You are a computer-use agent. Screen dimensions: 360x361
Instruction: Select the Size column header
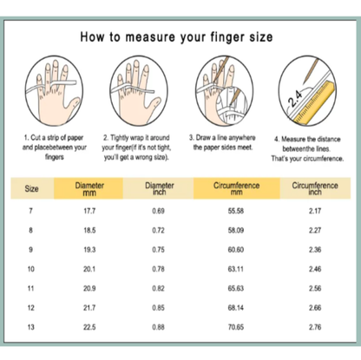32,187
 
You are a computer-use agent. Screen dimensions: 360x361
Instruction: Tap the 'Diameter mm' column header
90,188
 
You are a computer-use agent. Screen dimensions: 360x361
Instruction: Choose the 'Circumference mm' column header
230,188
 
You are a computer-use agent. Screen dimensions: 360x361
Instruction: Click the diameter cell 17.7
90,213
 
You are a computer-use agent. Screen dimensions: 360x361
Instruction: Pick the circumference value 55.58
230,213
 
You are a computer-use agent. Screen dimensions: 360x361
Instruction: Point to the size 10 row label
32,269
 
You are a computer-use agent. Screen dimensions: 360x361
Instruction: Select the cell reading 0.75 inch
158,250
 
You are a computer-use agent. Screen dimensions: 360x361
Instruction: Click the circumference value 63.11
230,269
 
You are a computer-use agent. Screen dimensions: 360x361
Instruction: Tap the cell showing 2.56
315,288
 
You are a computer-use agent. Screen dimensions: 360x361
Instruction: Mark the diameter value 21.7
90,307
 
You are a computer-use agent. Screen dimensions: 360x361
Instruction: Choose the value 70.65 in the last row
230,326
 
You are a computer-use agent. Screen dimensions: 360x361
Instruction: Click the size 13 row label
32,326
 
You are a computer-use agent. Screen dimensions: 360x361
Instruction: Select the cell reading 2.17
315,213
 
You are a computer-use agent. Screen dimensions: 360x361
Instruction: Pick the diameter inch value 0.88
158,326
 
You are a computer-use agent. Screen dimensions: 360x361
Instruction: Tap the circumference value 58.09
230,232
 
